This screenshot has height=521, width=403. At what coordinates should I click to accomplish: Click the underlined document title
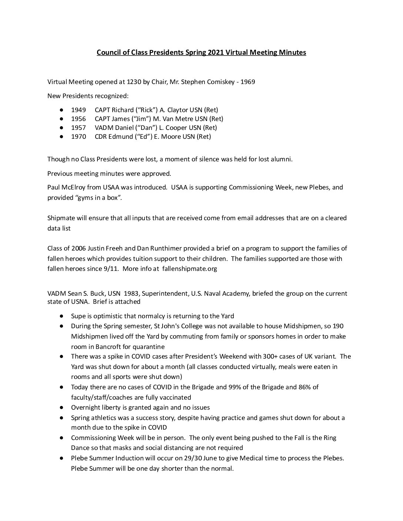201,53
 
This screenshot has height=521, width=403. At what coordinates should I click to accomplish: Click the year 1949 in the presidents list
79,110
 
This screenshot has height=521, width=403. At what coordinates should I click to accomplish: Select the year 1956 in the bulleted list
79,119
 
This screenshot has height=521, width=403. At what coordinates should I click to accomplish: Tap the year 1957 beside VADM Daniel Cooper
79,128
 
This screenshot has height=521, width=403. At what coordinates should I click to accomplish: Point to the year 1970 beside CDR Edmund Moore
79,137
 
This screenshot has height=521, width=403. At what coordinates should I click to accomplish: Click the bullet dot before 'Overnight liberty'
61,408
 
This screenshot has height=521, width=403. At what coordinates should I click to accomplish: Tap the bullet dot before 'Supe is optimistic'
61,316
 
